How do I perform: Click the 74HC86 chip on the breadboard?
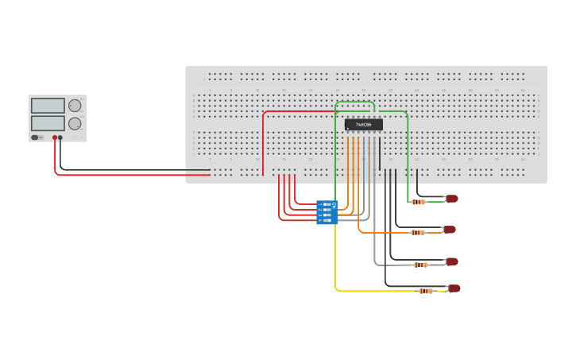tap(364, 125)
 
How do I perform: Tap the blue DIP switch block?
tap(327, 212)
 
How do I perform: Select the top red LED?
tap(451, 199)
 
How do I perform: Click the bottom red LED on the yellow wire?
tap(454, 288)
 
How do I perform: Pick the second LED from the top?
tap(449, 230)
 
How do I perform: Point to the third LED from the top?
tap(451, 261)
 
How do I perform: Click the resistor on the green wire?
tap(418, 202)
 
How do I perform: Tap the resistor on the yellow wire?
tap(426, 291)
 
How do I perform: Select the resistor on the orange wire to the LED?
tap(417, 233)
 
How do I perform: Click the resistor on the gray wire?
tap(421, 265)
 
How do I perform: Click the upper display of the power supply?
tap(48, 106)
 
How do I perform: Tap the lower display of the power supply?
tap(48, 123)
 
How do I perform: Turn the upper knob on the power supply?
tap(75, 106)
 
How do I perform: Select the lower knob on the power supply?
tap(75, 123)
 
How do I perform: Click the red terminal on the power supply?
tap(55, 137)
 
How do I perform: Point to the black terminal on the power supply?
tap(60, 137)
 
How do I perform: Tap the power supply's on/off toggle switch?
tap(35, 137)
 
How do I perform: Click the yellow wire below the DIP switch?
tap(335, 262)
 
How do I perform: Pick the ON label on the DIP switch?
tap(334, 205)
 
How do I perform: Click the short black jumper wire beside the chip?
tap(380, 151)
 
